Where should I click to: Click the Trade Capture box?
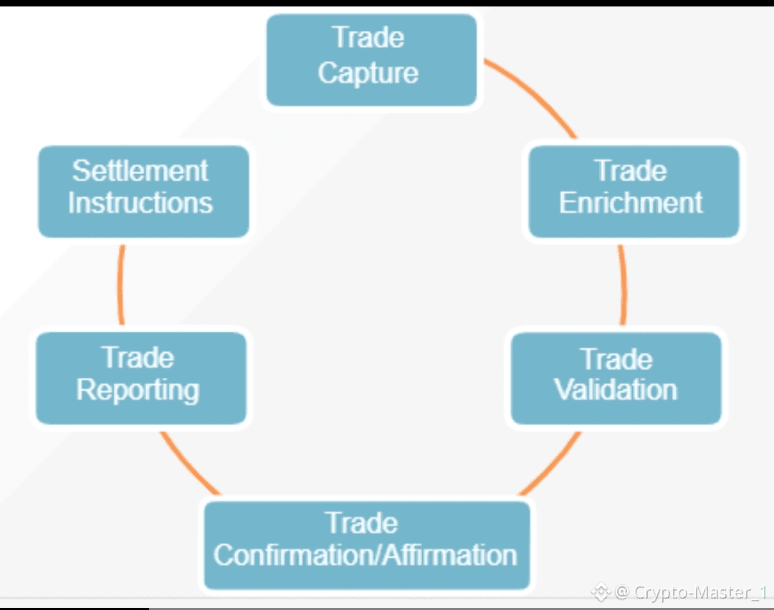pyautogui.click(x=371, y=60)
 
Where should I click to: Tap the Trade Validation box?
pyautogui.click(x=616, y=377)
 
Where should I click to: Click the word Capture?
pyautogui.click(x=368, y=73)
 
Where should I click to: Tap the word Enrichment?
pyautogui.click(x=631, y=203)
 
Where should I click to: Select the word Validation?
pyautogui.click(x=616, y=389)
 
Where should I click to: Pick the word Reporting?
pyautogui.click(x=138, y=389)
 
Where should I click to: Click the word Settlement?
pyautogui.click(x=140, y=171)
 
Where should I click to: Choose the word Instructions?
pyautogui.click(x=140, y=203)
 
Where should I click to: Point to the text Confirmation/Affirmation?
pyautogui.click(x=365, y=556)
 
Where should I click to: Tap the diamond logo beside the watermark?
pyautogui.click(x=601, y=592)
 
